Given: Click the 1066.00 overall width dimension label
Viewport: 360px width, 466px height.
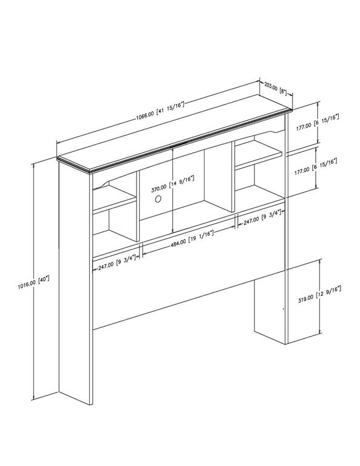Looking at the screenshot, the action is (160, 109).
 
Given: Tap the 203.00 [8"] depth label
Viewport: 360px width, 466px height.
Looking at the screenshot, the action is (276, 89).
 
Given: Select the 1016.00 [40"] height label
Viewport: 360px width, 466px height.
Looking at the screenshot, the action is (33, 283).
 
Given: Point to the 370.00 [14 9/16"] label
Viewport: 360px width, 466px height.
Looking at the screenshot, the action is (172, 184).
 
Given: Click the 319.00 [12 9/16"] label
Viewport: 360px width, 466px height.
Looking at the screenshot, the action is (319, 294).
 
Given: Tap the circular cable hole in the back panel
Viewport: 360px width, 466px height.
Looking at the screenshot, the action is (158, 199).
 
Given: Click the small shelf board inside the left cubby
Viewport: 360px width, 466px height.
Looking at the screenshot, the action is (115, 199).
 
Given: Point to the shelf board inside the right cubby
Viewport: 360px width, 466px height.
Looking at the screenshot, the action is (259, 155).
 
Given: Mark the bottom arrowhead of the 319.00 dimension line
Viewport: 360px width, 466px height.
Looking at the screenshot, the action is (320, 332).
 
